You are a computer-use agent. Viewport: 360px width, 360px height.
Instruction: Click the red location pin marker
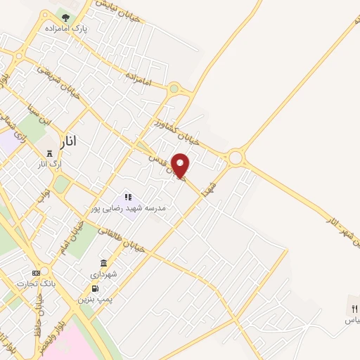[181, 165]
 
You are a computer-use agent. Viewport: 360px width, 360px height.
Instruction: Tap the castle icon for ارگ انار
[49, 154]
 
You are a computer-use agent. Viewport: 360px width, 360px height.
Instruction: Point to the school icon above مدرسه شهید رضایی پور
[128, 198]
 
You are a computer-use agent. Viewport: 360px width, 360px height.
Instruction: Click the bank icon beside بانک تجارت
[36, 273]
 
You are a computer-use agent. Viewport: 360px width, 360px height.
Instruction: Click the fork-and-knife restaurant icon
[354, 308]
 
